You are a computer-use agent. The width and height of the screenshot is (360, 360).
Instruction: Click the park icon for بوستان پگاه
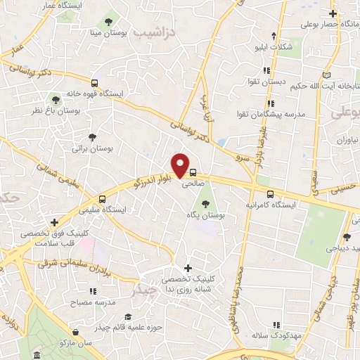coord(205,204)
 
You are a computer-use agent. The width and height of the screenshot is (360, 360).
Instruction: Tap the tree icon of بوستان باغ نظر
coord(56,98)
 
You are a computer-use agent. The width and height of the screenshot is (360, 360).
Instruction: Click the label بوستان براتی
coord(94,150)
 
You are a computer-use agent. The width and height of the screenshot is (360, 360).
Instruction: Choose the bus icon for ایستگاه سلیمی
coord(103,199)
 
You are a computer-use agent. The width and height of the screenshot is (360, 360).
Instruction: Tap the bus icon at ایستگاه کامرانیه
coord(270,194)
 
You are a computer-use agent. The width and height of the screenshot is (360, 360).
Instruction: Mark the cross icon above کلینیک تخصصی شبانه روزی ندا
coord(187,268)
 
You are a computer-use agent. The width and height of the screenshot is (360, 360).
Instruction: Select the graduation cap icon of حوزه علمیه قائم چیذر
coord(128,316)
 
